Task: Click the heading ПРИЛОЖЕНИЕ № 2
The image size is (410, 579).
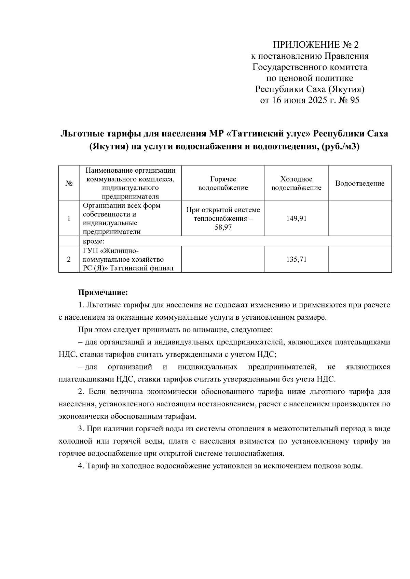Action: click(x=316, y=45)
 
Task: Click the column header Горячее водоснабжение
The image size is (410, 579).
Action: click(x=223, y=183)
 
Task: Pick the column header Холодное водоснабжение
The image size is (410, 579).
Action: click(x=296, y=183)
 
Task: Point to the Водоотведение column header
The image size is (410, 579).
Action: click(x=359, y=184)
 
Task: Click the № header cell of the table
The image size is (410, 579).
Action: click(x=69, y=184)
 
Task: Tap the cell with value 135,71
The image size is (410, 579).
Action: click(x=296, y=259)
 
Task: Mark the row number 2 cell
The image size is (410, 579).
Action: click(x=69, y=259)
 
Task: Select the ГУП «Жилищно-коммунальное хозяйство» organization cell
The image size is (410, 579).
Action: click(x=128, y=259)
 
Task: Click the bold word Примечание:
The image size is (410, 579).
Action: click(x=103, y=292)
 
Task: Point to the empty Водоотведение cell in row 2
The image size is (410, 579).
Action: click(x=359, y=259)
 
